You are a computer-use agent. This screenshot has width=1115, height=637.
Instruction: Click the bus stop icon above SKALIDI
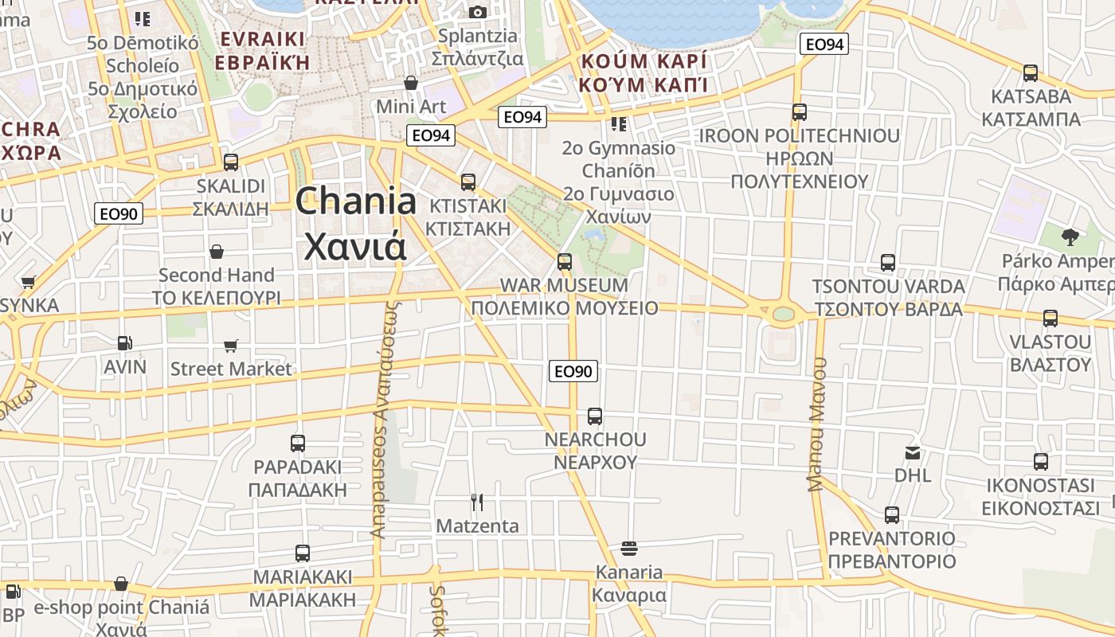(231, 162)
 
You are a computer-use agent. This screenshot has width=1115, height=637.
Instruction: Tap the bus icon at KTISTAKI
(468, 182)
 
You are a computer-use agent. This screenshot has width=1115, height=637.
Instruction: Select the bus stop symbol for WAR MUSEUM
(565, 261)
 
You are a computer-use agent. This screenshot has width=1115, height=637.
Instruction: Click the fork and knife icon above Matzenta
(477, 502)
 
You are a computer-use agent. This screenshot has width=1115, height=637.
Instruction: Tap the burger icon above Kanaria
(629, 548)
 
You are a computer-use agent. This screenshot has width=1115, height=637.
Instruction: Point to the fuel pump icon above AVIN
(125, 342)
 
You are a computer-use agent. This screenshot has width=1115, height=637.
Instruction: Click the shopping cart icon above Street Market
(231, 346)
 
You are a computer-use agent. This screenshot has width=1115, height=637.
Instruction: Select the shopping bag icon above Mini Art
(411, 83)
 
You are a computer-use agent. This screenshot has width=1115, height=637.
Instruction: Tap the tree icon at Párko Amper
(1070, 236)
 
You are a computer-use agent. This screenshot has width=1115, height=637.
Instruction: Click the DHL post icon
(913, 453)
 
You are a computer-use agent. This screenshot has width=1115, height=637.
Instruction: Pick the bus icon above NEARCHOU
(595, 416)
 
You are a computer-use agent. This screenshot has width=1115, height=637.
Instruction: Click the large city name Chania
(356, 201)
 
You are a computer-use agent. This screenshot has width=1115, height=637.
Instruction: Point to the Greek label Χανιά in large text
(356, 246)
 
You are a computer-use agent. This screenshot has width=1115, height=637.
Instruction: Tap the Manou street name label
(818, 424)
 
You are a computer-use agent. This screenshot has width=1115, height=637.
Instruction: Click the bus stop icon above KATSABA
(1031, 73)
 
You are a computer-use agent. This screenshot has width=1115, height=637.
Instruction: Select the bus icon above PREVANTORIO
(892, 514)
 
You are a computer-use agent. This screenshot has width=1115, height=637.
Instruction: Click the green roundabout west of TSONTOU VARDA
(784, 313)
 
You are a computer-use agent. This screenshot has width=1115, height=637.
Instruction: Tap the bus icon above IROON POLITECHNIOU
(800, 112)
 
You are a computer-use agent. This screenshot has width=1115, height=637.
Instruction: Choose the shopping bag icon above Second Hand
(216, 252)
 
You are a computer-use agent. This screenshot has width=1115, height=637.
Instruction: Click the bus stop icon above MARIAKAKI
(303, 553)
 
